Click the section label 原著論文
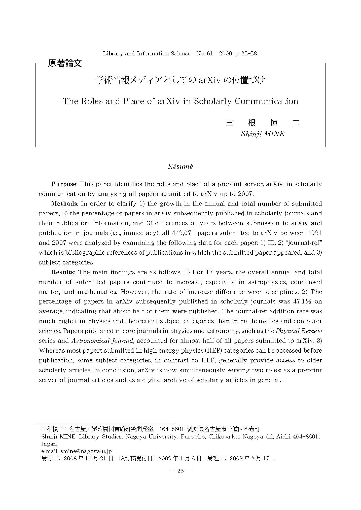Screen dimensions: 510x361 (x=65, y=63)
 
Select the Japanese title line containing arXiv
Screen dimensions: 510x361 (x=180, y=80)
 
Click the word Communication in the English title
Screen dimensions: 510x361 (x=266, y=101)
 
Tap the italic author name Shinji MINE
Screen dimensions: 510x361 (x=263, y=134)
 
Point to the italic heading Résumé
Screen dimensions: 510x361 (x=180, y=166)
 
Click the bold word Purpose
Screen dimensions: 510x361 (x=64, y=184)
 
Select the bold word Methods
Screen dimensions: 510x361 (x=64, y=203)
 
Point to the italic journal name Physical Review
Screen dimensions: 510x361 (x=299, y=331)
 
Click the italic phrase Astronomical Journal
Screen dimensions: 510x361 (x=102, y=341)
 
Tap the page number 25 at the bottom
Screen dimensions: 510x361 (x=180, y=471)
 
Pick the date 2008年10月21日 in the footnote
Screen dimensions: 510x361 (x=88, y=458)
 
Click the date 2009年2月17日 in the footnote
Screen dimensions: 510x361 (x=252, y=458)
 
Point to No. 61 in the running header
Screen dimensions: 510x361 (x=204, y=54)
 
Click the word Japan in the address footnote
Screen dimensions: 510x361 (x=49, y=444)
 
